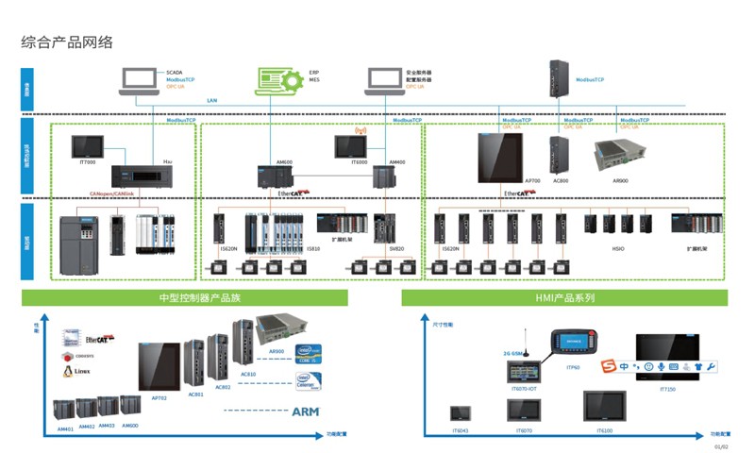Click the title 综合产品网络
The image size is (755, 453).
click(x=67, y=42)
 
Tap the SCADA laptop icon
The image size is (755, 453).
click(x=140, y=80)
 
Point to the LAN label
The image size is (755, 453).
click(x=212, y=100)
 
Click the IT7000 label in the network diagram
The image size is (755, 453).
click(x=88, y=162)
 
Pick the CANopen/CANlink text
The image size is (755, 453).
click(x=111, y=193)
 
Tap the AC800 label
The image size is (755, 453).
click(x=561, y=180)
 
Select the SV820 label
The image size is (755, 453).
click(x=396, y=249)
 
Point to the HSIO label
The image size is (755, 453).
click(x=618, y=249)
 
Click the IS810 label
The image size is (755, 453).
click(x=312, y=249)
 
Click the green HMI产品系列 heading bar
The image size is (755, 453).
click(x=564, y=298)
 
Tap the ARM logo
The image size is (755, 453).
click(x=306, y=411)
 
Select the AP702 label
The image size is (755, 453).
click(x=159, y=398)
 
